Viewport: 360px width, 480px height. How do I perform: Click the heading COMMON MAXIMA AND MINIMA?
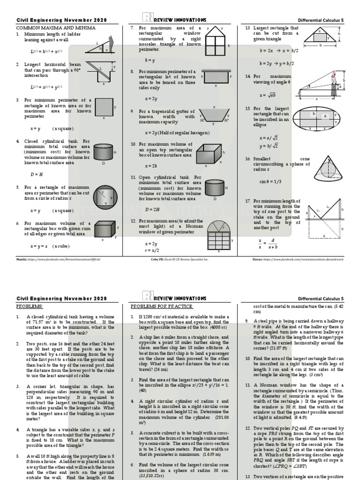click(56, 28)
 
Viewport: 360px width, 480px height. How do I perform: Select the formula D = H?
click(37, 174)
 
